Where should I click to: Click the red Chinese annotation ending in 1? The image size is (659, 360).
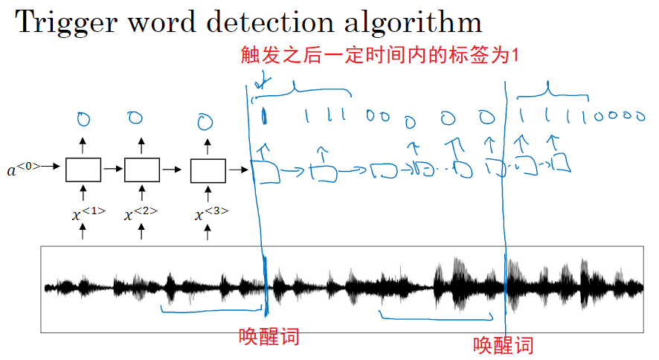click(379, 56)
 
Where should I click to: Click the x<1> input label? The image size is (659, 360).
click(88, 214)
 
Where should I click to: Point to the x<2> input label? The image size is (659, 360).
click(141, 214)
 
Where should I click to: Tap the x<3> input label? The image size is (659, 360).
click(211, 214)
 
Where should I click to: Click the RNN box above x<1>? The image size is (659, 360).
click(83, 170)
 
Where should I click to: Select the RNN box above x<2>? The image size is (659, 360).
click(141, 170)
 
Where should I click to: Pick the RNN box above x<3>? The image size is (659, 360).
click(208, 170)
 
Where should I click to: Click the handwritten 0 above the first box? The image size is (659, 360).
click(83, 118)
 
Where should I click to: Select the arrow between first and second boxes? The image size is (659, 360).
click(112, 170)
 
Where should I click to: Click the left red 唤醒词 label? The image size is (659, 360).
click(269, 336)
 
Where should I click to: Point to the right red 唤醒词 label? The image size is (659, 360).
click(504, 344)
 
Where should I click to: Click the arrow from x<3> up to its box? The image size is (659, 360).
click(208, 193)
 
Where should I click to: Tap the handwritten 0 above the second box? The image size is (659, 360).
click(135, 117)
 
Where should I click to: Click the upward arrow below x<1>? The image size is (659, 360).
click(83, 233)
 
